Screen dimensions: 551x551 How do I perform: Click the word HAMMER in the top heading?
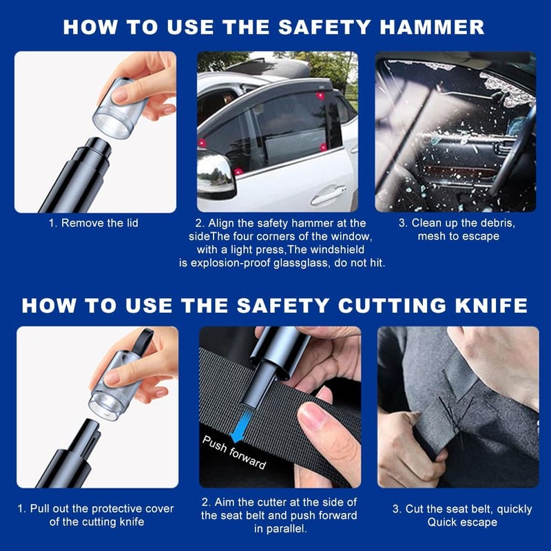[x=432, y=27]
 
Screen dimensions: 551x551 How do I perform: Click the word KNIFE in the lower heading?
[x=491, y=305]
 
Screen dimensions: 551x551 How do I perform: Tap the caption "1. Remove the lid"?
[x=94, y=222]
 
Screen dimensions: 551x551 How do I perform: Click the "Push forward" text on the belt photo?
[x=234, y=453]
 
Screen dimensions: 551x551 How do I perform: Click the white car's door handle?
[x=328, y=196]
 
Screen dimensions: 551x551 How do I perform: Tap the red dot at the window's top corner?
[x=320, y=96]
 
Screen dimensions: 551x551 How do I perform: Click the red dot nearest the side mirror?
[x=238, y=171]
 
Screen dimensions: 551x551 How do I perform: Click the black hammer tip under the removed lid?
[x=96, y=147]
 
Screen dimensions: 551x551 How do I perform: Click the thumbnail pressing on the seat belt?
[x=312, y=417]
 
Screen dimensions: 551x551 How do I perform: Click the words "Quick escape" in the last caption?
[x=462, y=522]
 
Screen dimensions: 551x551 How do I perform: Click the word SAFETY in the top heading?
[x=324, y=27]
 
